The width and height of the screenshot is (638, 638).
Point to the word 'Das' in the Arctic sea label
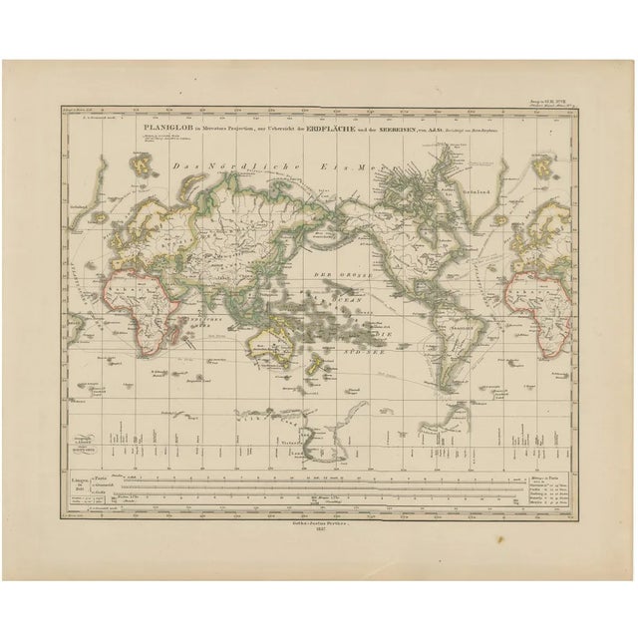point(181,164)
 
